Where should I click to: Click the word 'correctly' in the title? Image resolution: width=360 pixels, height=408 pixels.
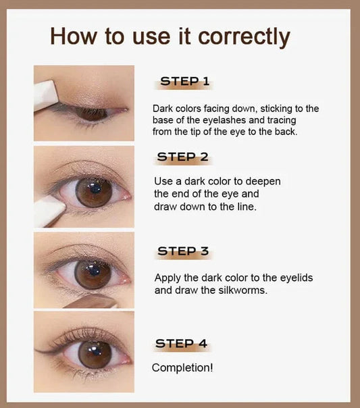244,37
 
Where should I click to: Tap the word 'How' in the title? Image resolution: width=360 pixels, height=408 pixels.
73,36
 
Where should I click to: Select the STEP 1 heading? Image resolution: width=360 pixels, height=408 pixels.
184,81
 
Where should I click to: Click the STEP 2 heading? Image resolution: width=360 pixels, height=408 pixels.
182,157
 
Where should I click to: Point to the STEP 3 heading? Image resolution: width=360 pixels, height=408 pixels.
183,251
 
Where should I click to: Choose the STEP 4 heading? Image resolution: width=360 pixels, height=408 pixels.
181,343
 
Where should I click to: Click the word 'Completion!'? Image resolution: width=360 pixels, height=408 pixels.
182,368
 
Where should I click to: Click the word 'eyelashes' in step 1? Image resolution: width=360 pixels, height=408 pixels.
224,120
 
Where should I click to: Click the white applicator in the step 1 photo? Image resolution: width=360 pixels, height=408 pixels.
45,95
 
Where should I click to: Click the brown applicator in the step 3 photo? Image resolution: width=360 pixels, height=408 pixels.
91,301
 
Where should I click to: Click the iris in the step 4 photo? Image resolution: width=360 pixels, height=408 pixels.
95,354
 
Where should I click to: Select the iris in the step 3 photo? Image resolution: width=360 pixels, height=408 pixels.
93,274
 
